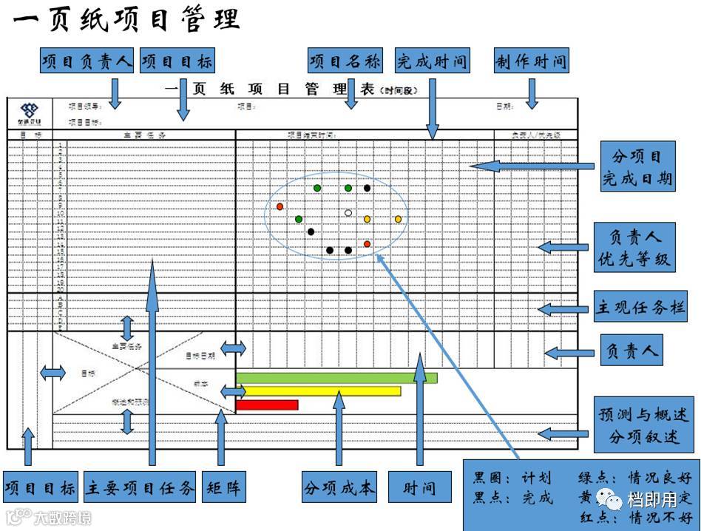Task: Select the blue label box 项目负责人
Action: pyautogui.click(x=87, y=62)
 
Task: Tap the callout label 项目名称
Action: pyautogui.click(x=345, y=61)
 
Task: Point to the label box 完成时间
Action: pyautogui.click(x=433, y=61)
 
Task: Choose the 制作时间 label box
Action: pyautogui.click(x=531, y=61)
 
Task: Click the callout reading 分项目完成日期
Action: pyautogui.click(x=637, y=168)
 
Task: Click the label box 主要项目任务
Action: pyautogui.click(x=140, y=487)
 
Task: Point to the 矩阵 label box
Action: pyautogui.click(x=222, y=487)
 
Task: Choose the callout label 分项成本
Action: pyautogui.click(x=339, y=487)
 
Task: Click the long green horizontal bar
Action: pyautogui.click(x=336, y=378)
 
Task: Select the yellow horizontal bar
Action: pyautogui.click(x=318, y=390)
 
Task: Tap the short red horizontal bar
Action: pyautogui.click(x=267, y=405)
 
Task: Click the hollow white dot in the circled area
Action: pyautogui.click(x=348, y=213)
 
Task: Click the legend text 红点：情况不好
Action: pyautogui.click(x=637, y=517)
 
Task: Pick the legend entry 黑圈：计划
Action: pyautogui.click(x=512, y=478)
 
